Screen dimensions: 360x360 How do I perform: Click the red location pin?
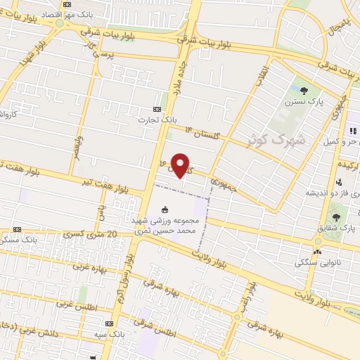point(181,165)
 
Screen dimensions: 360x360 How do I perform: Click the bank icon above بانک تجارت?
point(157,109)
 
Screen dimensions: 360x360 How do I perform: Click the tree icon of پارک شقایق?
point(337,217)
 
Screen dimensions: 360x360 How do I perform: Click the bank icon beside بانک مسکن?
point(17,229)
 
